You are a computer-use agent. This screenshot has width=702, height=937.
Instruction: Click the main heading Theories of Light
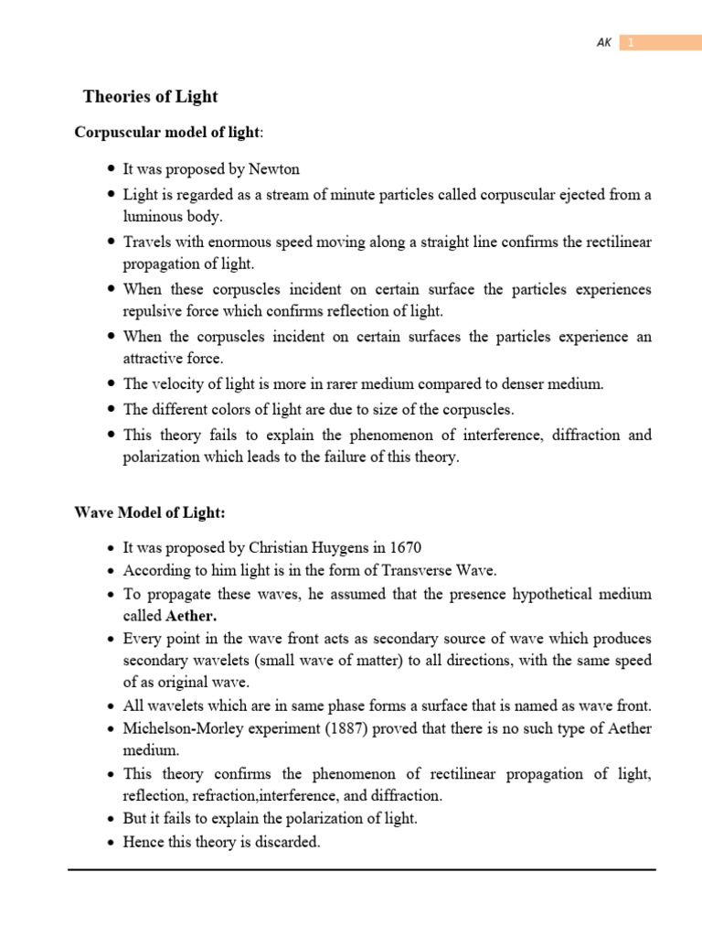[151, 96]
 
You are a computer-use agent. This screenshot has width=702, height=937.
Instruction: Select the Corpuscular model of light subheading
[166, 133]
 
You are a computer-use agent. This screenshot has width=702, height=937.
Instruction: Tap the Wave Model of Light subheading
[149, 512]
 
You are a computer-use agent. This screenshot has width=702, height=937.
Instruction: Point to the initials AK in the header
[603, 43]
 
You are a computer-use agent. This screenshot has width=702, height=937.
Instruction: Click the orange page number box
[660, 43]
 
